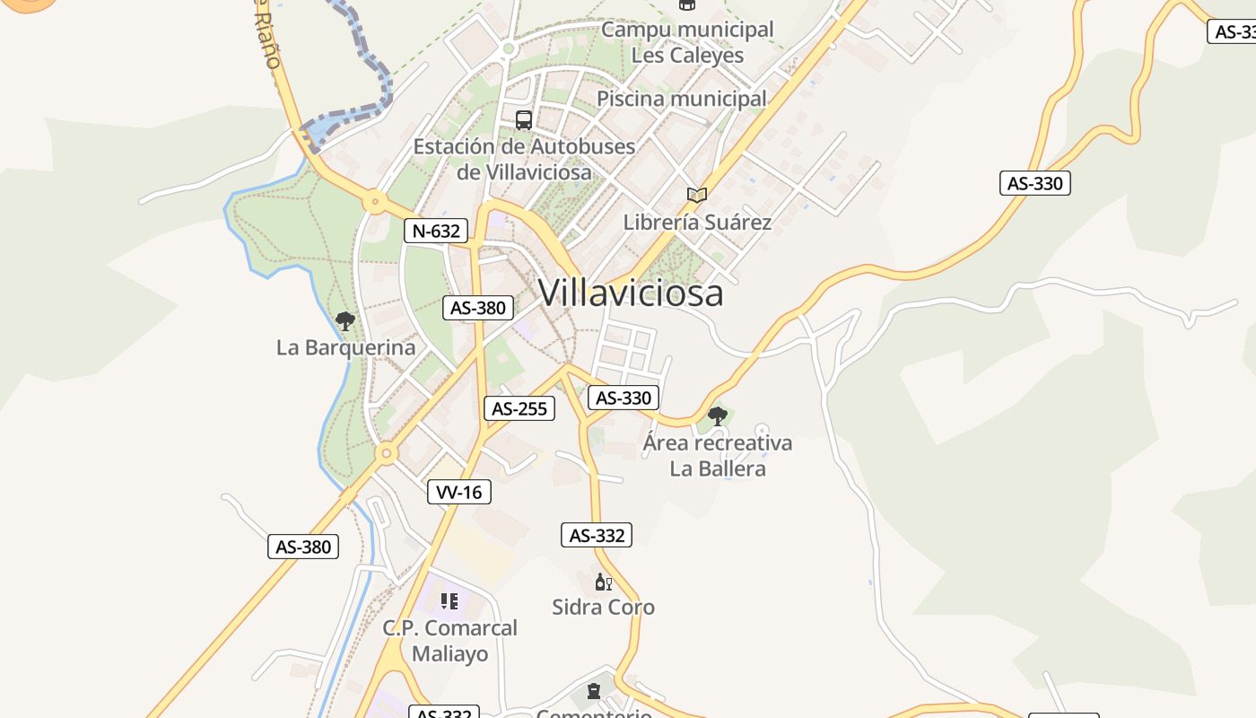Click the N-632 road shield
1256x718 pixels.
(436, 231)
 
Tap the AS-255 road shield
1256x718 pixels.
(519, 408)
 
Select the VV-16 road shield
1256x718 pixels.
(459, 492)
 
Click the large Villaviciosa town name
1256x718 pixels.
(630, 293)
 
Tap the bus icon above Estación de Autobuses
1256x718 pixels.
(524, 119)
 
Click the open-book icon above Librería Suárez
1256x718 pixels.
(697, 195)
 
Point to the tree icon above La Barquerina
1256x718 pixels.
(345, 320)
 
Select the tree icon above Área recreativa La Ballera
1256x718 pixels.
(717, 416)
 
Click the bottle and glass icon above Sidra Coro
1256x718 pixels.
(604, 582)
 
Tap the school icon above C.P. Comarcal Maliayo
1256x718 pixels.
(449, 600)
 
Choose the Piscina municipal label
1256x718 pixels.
(682, 99)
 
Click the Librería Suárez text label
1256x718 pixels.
(697, 222)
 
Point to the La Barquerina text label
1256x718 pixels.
(345, 347)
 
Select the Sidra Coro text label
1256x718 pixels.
(603, 608)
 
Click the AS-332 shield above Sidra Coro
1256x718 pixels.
(597, 536)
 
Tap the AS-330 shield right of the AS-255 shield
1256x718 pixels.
(624, 398)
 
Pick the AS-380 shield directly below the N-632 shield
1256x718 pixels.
(479, 308)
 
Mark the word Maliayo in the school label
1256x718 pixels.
(450, 653)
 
